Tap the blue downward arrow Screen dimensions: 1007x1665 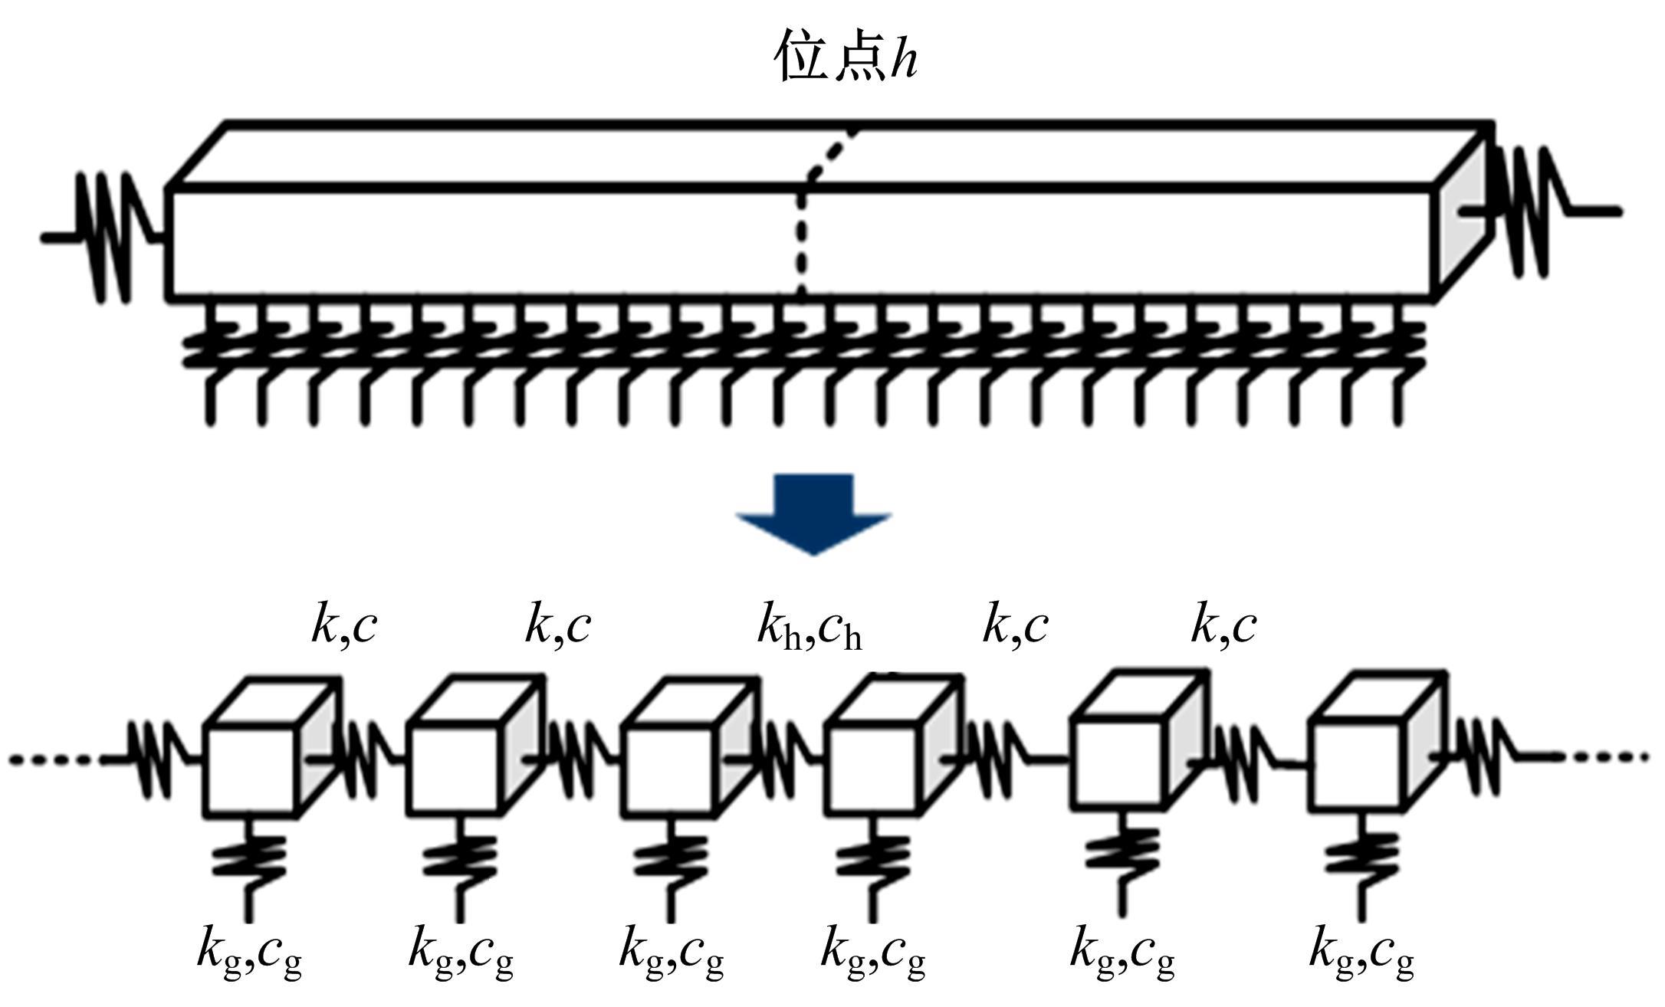click(x=813, y=512)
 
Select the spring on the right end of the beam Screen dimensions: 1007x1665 click(x=1529, y=211)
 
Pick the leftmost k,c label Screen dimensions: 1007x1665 click(x=344, y=625)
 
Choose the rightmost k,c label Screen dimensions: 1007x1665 click(x=1223, y=625)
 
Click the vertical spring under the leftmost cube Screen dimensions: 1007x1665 click(x=248, y=858)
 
